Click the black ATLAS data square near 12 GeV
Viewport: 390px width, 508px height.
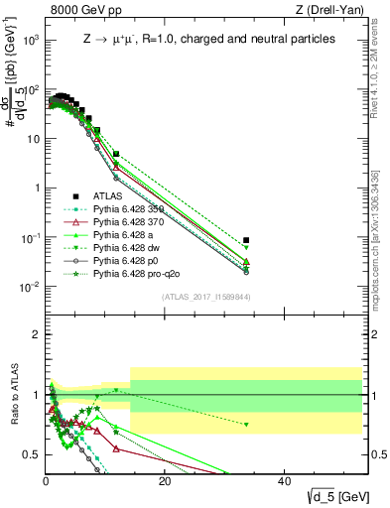pyautogui.click(x=116, y=154)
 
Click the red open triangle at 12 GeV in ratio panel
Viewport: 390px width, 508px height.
pyautogui.click(x=116, y=448)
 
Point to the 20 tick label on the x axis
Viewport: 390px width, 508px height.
pyautogui.click(x=165, y=482)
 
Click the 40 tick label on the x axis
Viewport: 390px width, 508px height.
pyautogui.click(x=284, y=482)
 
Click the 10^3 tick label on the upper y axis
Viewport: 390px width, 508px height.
pyautogui.click(x=30, y=41)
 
